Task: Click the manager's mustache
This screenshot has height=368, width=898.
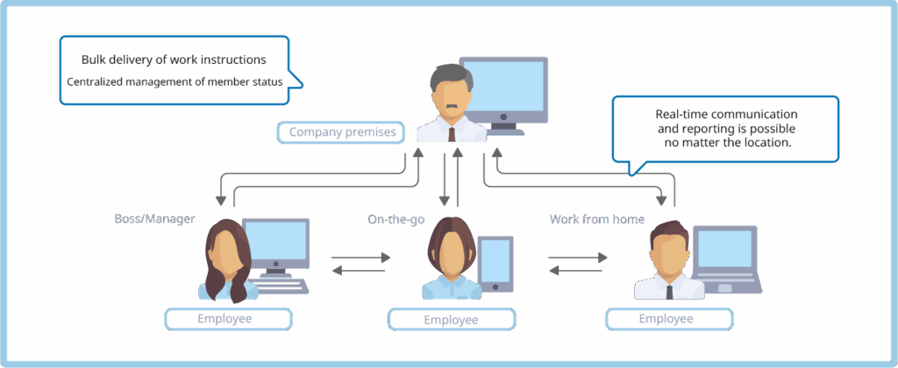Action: point(451,108)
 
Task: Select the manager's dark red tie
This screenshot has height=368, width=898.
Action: point(451,134)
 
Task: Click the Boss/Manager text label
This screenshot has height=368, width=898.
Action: point(153,218)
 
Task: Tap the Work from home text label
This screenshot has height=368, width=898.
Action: point(596,218)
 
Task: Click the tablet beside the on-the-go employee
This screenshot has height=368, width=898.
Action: point(495,262)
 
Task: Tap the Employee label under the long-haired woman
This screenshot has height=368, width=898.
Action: point(227,318)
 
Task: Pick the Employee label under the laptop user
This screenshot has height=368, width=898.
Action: point(666,318)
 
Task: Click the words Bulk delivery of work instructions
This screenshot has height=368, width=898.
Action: point(173,60)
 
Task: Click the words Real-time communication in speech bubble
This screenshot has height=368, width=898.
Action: point(726,115)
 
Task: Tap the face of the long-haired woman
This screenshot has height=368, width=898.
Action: point(225,252)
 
